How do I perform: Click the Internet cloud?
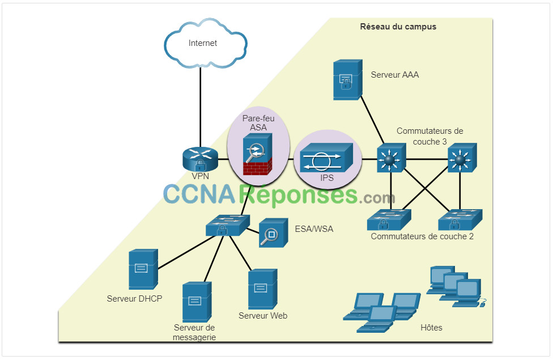click(x=206, y=43)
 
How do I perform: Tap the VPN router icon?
click(x=201, y=159)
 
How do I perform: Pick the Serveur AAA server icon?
click(x=348, y=80)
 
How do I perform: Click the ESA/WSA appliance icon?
click(x=273, y=232)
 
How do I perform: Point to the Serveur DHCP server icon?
click(x=143, y=269)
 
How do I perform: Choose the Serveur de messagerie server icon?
click(x=197, y=302)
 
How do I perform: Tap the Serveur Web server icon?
click(x=262, y=289)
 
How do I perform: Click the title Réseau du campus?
click(x=398, y=27)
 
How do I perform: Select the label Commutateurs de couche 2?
click(x=422, y=236)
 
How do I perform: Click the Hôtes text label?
click(x=431, y=328)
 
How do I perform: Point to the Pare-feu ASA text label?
click(x=258, y=123)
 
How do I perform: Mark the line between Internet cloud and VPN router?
click(x=201, y=107)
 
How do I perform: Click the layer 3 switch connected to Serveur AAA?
click(x=392, y=158)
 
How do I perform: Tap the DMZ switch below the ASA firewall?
click(x=228, y=226)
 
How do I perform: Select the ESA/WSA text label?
click(x=314, y=229)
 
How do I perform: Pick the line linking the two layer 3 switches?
click(x=427, y=159)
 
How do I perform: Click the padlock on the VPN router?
click(x=201, y=165)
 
